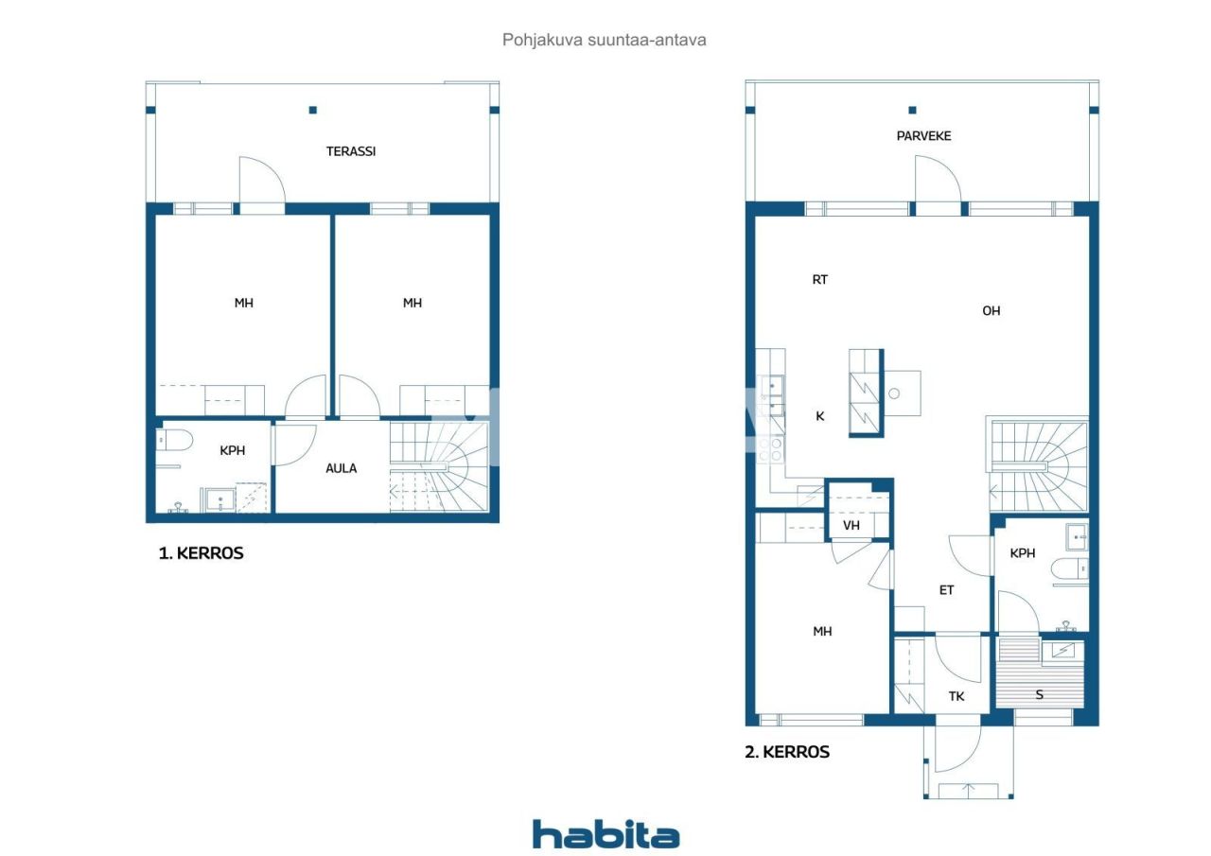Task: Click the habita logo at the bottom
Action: click(605, 834)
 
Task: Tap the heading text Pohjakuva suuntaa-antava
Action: click(605, 40)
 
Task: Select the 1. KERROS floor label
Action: click(201, 553)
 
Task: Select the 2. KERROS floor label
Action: click(787, 752)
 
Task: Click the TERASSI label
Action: click(351, 150)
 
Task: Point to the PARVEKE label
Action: click(923, 135)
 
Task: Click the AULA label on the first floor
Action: click(341, 468)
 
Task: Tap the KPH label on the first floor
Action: click(232, 450)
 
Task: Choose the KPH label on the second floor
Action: click(1023, 553)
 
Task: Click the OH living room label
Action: click(991, 310)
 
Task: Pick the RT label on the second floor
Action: click(819, 279)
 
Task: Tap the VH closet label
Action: click(851, 526)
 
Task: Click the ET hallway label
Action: click(946, 590)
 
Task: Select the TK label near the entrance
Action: click(957, 696)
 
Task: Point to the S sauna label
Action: click(1039, 694)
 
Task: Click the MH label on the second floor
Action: click(822, 631)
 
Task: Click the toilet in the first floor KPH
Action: click(177, 440)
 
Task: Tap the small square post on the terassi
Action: click(312, 110)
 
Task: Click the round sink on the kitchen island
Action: click(894, 393)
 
